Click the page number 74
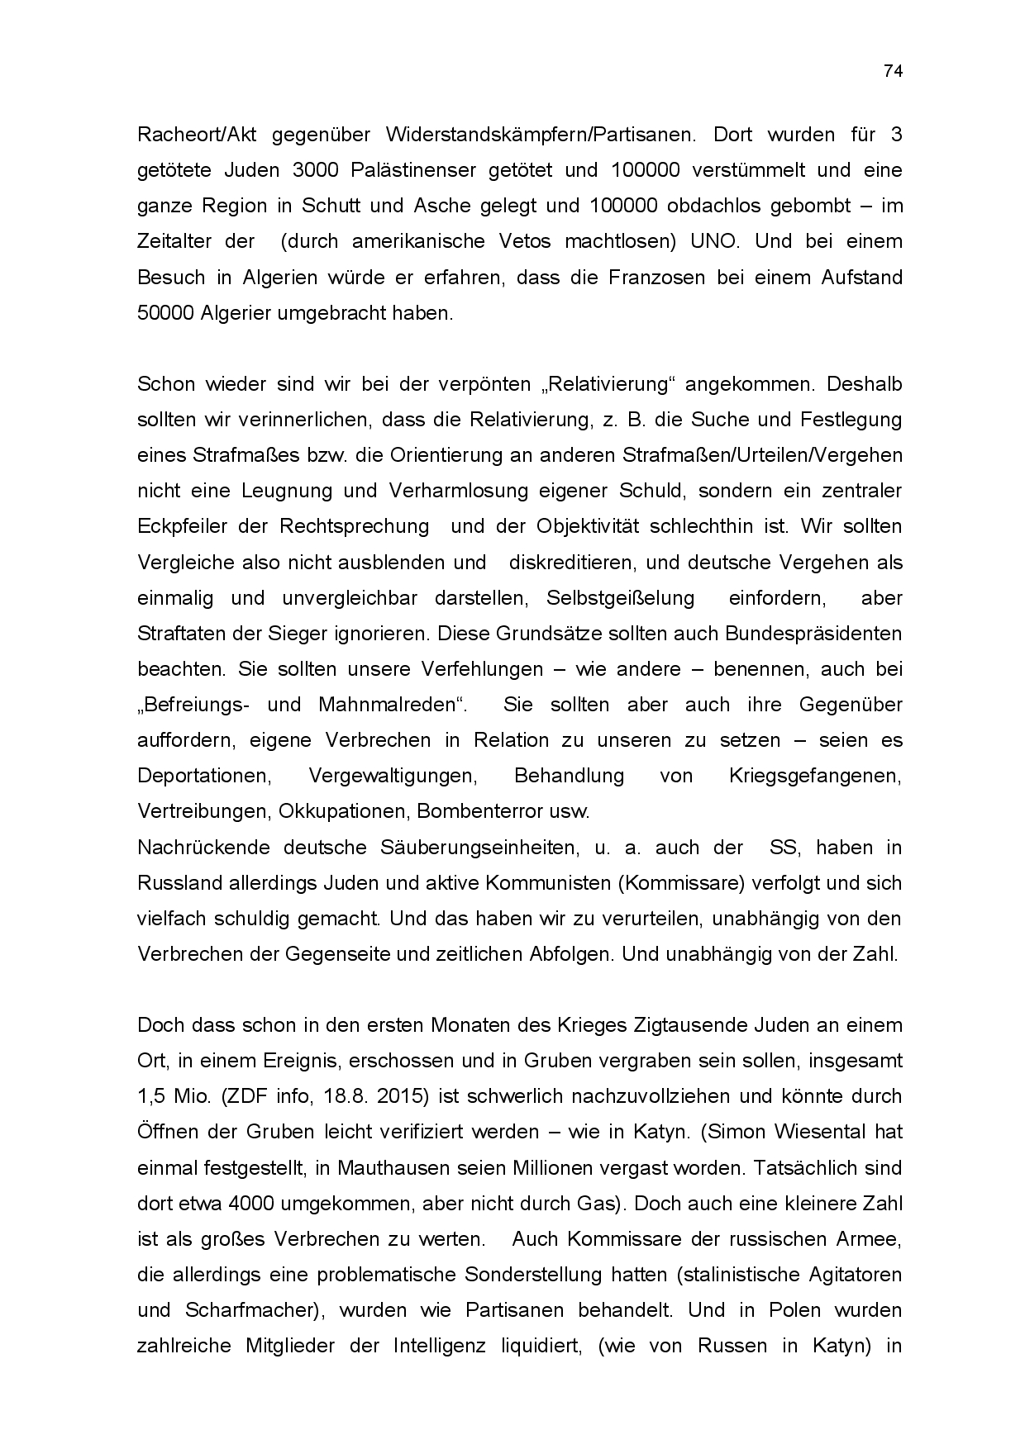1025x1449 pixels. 893,71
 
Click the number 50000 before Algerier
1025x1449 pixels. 165,313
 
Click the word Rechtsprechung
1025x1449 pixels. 355,526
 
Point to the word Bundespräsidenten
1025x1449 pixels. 813,634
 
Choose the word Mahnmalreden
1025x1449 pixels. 389,705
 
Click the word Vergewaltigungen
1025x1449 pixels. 393,777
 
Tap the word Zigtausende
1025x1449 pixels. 690,1025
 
